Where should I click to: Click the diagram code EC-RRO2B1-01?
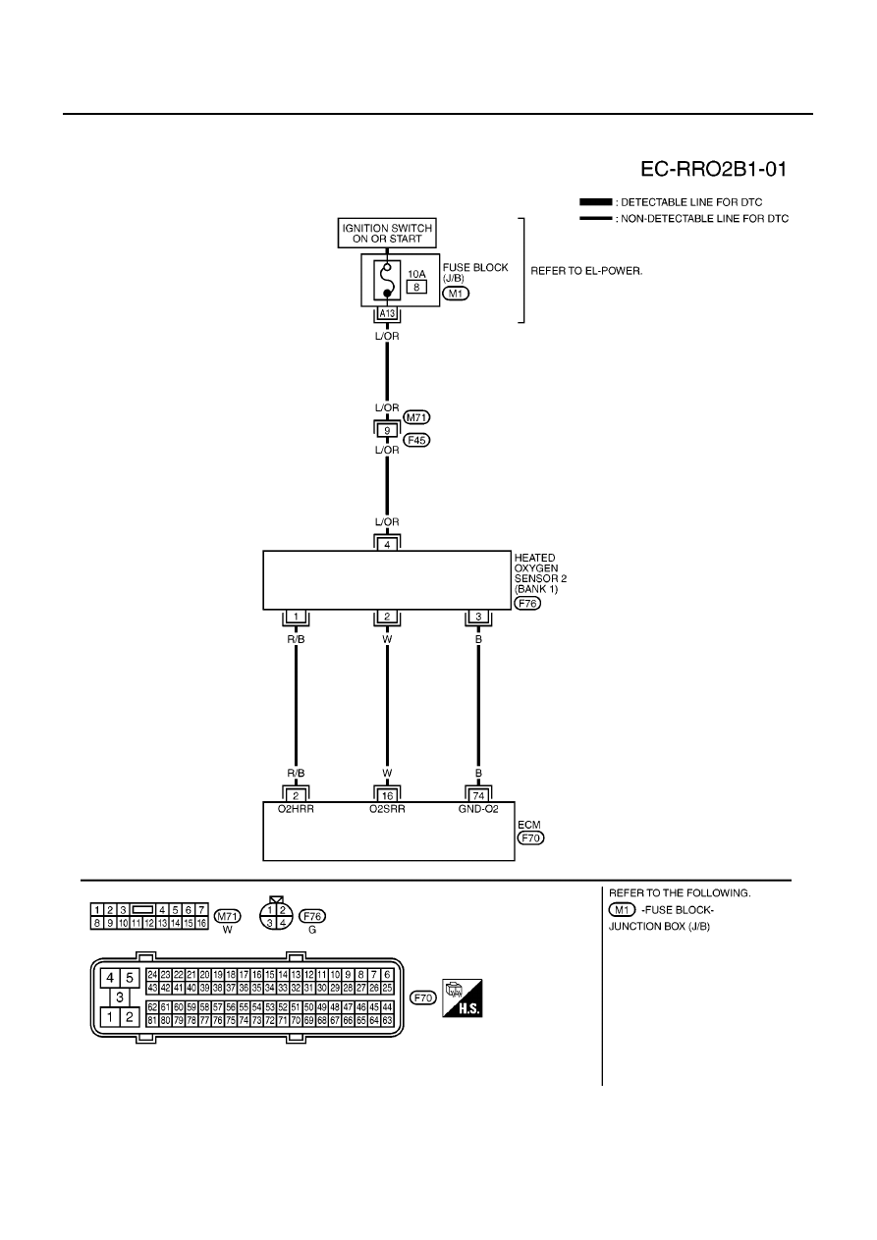pyautogui.click(x=713, y=169)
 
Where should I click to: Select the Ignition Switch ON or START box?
pyautogui.click(x=387, y=233)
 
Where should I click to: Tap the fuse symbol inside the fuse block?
pyautogui.click(x=387, y=280)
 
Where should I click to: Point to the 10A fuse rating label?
pyautogui.click(x=416, y=274)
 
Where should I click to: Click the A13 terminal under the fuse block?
pyautogui.click(x=387, y=314)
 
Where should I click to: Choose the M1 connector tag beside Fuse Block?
pyautogui.click(x=456, y=294)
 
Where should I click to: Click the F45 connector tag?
pyautogui.click(x=417, y=440)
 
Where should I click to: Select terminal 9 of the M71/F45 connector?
pyautogui.click(x=387, y=430)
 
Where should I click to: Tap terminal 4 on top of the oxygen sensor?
pyautogui.click(x=387, y=545)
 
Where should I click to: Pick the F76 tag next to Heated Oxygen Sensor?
pyautogui.click(x=527, y=604)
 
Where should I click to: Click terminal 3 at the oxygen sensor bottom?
pyautogui.click(x=478, y=617)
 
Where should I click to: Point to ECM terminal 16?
pyautogui.click(x=387, y=796)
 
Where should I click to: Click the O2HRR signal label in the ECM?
pyautogui.click(x=296, y=809)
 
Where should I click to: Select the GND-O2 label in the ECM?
pyautogui.click(x=478, y=809)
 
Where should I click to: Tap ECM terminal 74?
pyautogui.click(x=478, y=796)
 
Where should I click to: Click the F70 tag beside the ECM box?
pyautogui.click(x=530, y=838)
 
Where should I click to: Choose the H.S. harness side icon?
pyautogui.click(x=463, y=998)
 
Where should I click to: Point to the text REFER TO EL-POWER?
pyautogui.click(x=587, y=271)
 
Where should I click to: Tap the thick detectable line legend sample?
pyautogui.click(x=596, y=202)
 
